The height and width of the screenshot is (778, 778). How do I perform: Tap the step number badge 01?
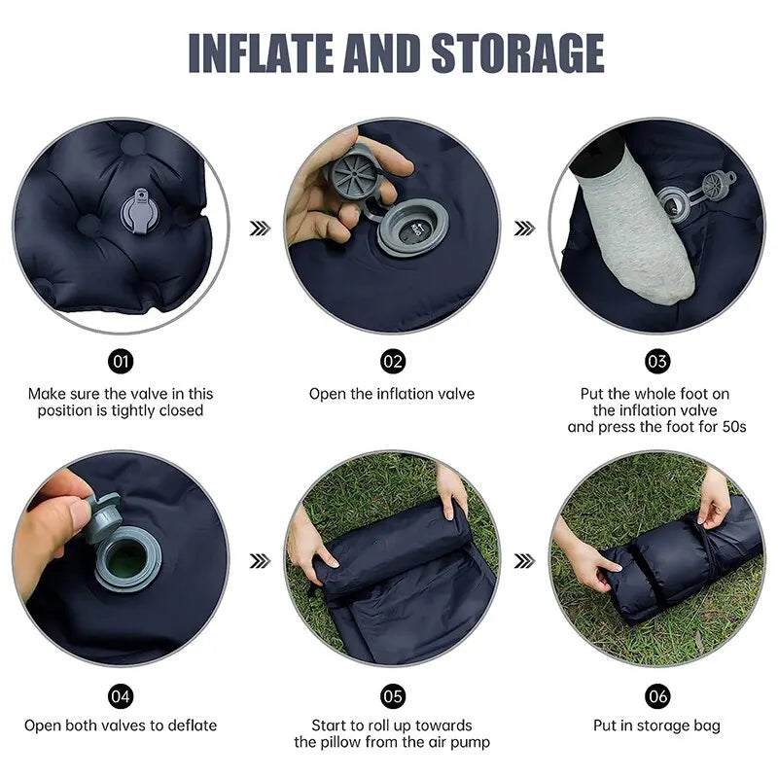pos(122,362)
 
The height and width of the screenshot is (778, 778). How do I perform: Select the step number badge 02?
pos(392,362)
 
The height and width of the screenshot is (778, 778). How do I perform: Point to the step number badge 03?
pos(657,362)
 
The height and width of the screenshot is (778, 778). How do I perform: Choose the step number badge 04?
pos(122,694)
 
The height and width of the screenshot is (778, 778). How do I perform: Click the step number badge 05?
pos(392,694)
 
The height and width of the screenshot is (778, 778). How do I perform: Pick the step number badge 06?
pos(657,694)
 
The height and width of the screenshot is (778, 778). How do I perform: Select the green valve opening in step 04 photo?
pos(126,560)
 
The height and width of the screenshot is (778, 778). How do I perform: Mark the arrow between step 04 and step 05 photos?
pos(259,560)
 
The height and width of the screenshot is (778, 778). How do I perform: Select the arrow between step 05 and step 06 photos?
pos(525,560)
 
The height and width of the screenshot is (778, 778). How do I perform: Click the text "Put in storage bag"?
pos(657,725)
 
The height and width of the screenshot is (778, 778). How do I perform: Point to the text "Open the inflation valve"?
pos(392,394)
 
